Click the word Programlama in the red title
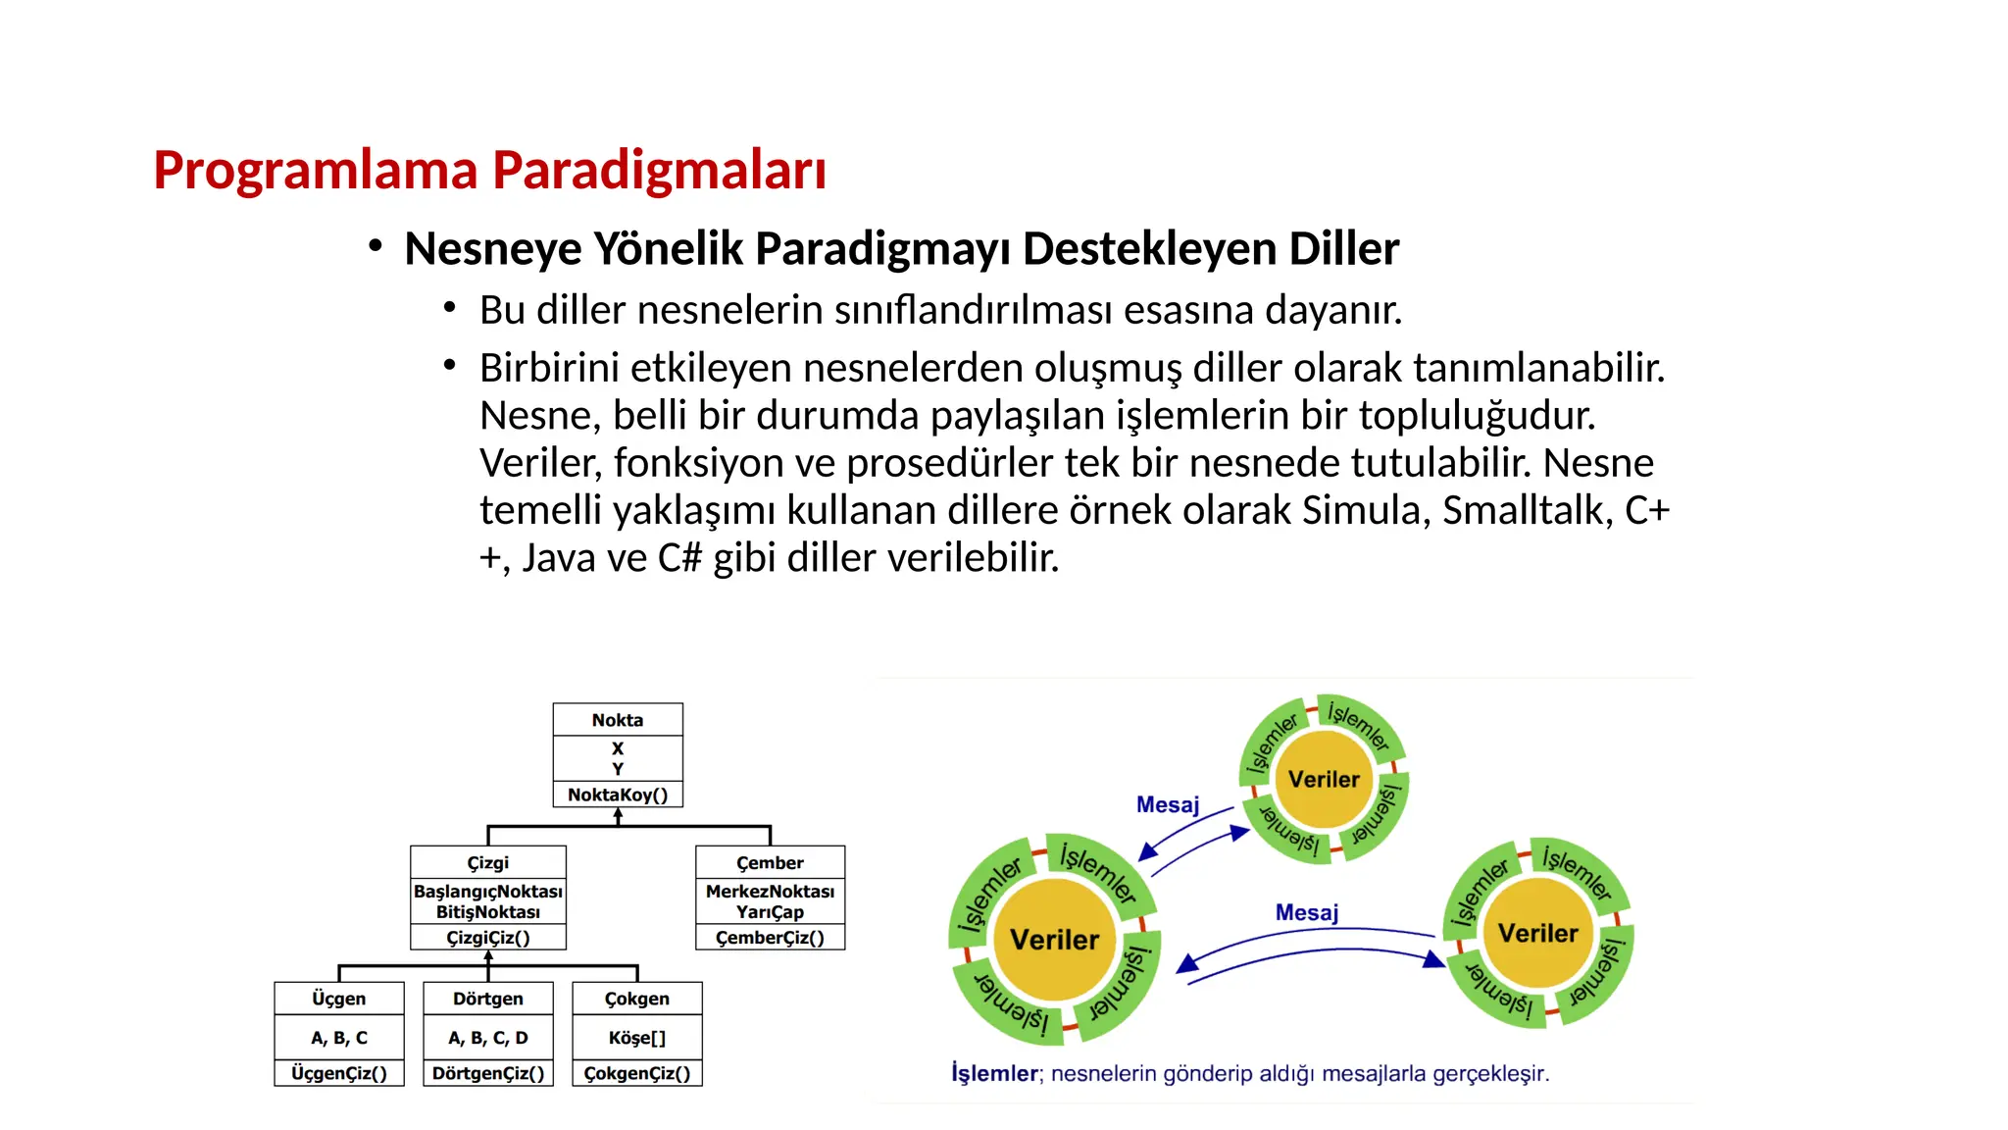pos(315,170)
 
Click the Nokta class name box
pos(618,720)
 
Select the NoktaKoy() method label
pos(618,795)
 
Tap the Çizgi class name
pos(488,862)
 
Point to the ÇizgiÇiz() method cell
pos(488,938)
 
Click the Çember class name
pos(770,862)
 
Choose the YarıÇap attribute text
pos(770,912)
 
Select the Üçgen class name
pos(338,999)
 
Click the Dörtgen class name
pos(488,999)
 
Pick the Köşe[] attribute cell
pos(637,1038)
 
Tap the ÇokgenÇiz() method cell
pos(637,1073)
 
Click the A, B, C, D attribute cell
pos(488,1038)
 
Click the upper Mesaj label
pos(1168,805)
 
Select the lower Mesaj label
pos(1307,913)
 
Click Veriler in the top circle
pos(1324,780)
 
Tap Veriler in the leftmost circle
pos(1055,940)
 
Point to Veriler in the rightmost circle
pos(1538,933)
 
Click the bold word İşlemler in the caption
pos(994,1074)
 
